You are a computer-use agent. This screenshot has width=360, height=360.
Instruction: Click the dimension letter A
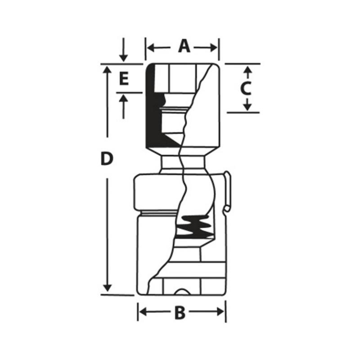184,46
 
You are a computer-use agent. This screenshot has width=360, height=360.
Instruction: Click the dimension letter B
180,312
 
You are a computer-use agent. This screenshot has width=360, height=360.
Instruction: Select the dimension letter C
246,89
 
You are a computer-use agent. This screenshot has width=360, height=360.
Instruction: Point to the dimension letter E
124,78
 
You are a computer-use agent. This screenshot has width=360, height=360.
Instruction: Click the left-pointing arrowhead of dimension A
150,48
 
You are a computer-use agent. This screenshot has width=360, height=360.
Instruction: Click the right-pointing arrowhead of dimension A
213,48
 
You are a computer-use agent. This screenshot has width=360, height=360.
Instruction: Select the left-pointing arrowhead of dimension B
143,312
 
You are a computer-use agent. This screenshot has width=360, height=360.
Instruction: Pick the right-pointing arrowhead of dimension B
220,312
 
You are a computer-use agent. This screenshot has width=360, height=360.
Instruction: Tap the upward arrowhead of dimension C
247,70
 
